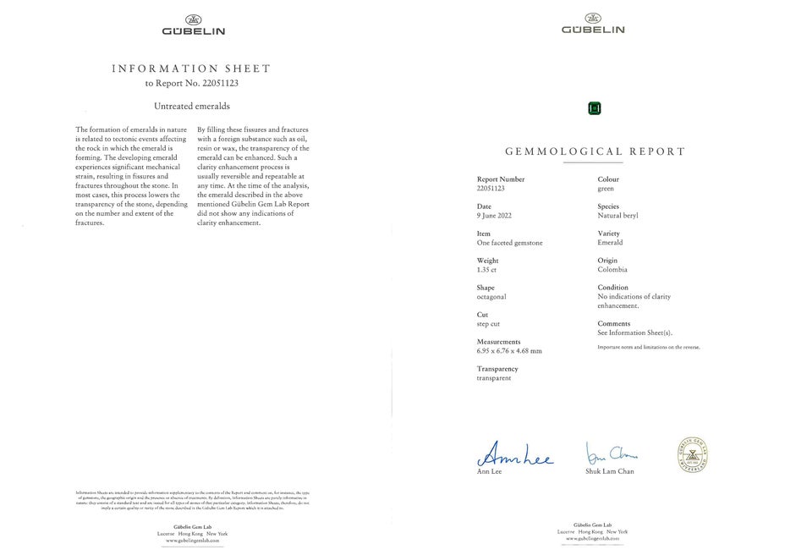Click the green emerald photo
(x=594, y=107)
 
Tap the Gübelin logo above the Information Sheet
(x=193, y=25)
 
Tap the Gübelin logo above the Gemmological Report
(x=593, y=24)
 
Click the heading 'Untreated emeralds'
(x=192, y=106)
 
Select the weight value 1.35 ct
(x=488, y=270)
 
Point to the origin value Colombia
(x=612, y=270)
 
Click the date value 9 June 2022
(x=496, y=216)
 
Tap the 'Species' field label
(x=608, y=206)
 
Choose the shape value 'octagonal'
(x=491, y=297)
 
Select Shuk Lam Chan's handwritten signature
(x=611, y=453)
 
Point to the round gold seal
(x=692, y=454)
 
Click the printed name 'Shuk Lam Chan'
(x=609, y=471)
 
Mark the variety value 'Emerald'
(x=610, y=243)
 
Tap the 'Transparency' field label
(x=497, y=369)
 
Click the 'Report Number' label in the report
(x=501, y=179)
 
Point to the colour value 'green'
(x=606, y=189)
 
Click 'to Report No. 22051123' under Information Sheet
(x=192, y=83)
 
